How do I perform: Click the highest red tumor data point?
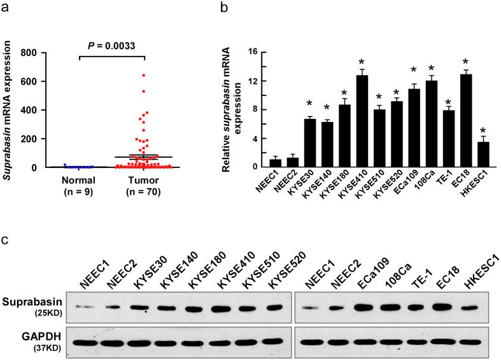coord(143,75)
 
